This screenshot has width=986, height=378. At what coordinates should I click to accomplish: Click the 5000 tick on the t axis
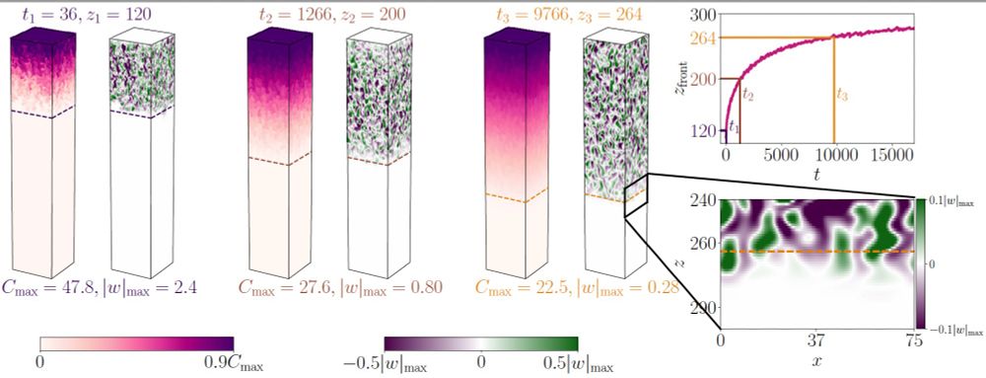779,156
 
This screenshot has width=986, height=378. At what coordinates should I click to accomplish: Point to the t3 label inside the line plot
841,95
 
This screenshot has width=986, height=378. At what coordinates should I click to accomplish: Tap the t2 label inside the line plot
747,96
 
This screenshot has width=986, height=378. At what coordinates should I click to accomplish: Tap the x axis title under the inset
817,363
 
